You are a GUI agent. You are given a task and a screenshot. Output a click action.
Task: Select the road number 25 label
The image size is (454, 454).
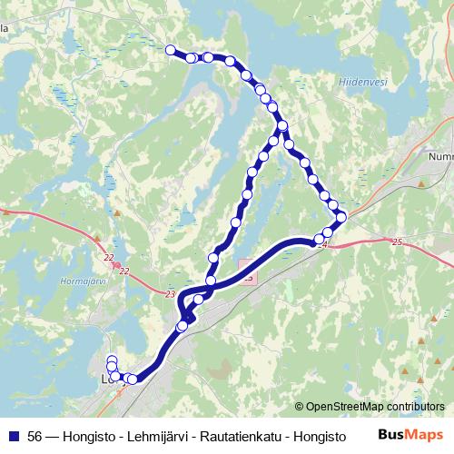396,242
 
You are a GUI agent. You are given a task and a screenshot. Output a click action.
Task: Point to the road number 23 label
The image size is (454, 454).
172,293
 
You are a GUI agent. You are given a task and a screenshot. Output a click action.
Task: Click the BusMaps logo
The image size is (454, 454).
410,436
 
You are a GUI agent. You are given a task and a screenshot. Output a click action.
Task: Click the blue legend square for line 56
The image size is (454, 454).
15,436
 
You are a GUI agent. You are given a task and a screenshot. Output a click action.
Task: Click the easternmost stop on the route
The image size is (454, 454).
341,216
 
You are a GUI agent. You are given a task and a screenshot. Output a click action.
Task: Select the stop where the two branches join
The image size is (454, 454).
282,125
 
